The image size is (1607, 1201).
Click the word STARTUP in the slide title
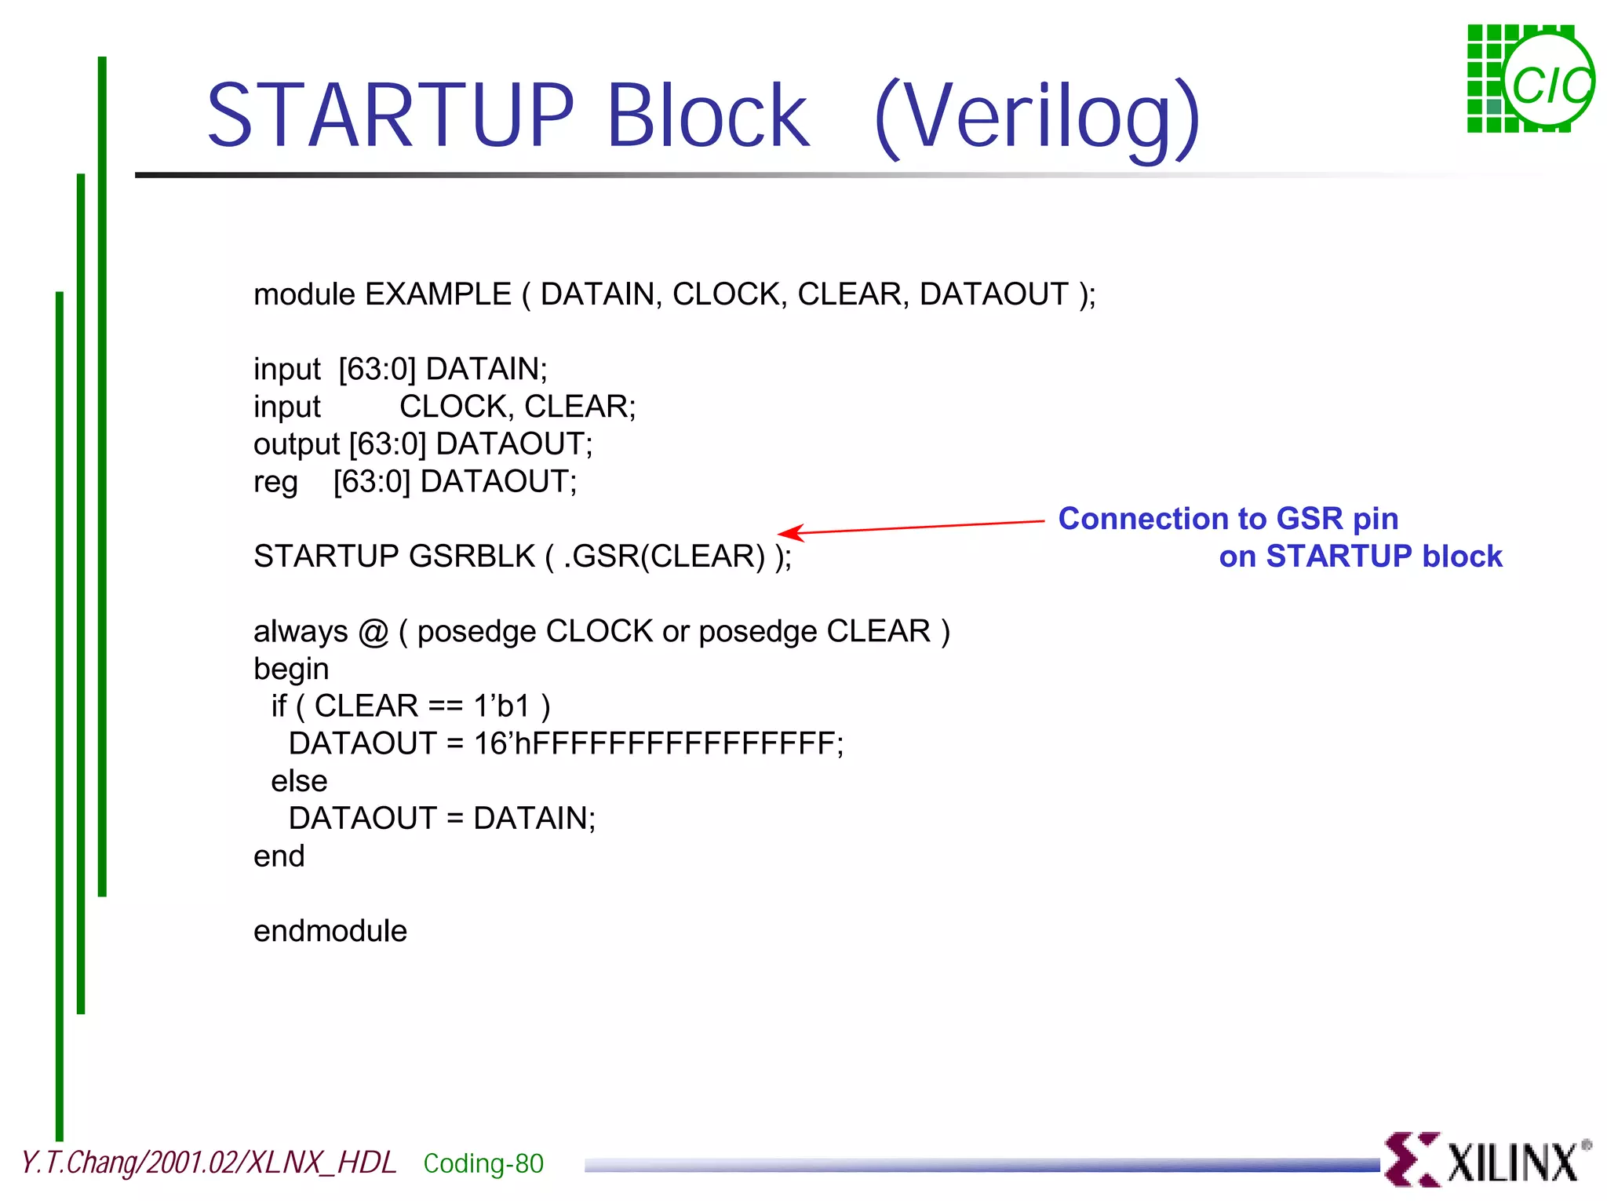pos(390,115)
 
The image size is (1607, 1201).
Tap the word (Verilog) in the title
pos(1037,118)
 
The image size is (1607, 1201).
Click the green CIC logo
pos(1529,79)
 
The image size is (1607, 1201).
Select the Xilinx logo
pos(1487,1159)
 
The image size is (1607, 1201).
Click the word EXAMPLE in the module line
pos(438,294)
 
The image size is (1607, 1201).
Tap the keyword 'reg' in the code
pos(275,482)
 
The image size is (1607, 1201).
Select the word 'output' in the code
pos(296,444)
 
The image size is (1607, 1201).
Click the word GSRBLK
pos(472,556)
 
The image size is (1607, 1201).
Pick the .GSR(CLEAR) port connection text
pos(664,556)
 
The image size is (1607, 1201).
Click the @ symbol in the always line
pos(374,631)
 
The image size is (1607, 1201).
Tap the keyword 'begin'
pos(291,669)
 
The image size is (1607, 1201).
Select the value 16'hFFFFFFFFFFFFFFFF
pos(658,743)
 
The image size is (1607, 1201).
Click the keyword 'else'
pos(299,781)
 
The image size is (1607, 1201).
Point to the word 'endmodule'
pos(330,931)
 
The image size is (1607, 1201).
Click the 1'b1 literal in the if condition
pos(502,706)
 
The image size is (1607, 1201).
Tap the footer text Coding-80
pos(483,1163)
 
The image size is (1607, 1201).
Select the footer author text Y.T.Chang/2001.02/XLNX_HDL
pos(209,1163)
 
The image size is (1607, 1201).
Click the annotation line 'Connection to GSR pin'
pos(1228,519)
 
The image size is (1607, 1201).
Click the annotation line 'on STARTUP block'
pos(1360,557)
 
